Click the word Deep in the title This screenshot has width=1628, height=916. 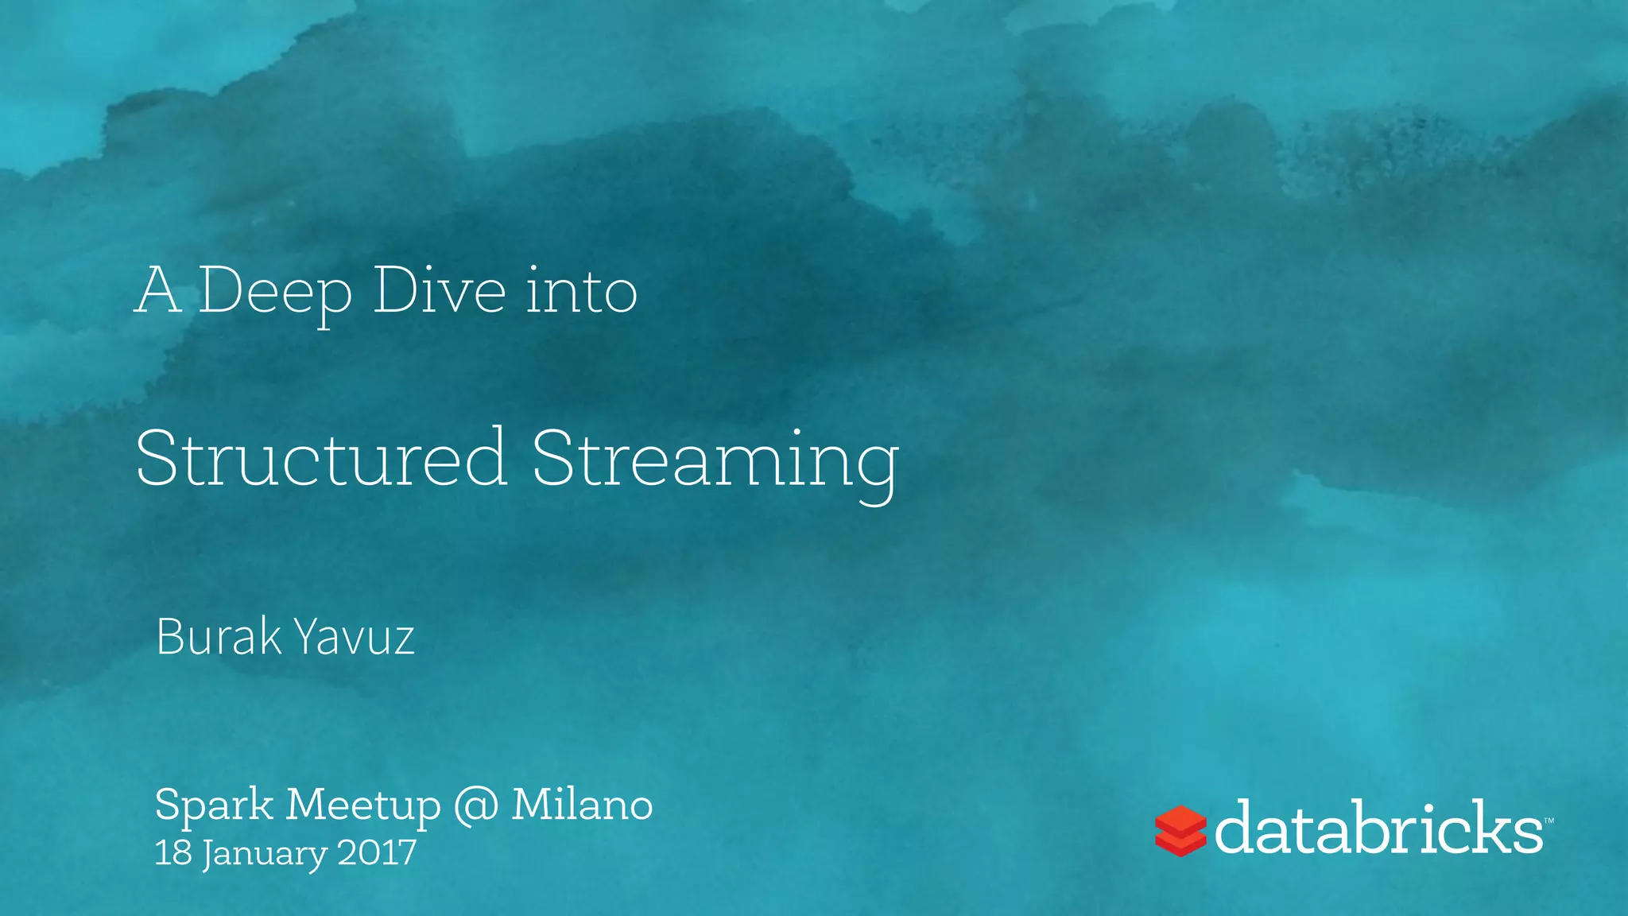[x=274, y=293]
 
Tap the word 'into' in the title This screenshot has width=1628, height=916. [x=581, y=291]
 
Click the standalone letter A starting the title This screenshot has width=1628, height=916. [x=157, y=291]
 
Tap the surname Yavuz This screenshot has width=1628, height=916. [x=354, y=638]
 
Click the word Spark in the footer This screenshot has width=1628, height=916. [x=214, y=805]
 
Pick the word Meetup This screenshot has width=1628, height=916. [x=363, y=805]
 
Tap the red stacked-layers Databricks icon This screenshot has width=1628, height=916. [x=1180, y=830]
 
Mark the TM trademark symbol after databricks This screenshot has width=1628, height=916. [x=1549, y=820]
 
